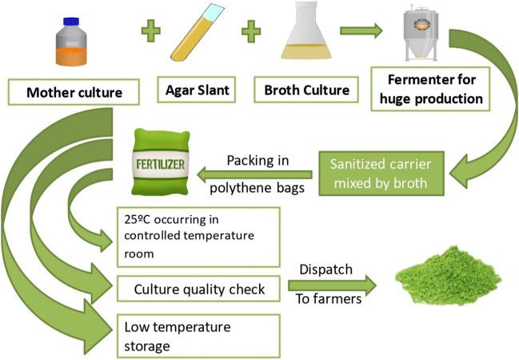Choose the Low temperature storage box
click(198, 335)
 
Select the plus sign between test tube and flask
click(251, 33)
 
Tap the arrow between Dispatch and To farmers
click(339, 284)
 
